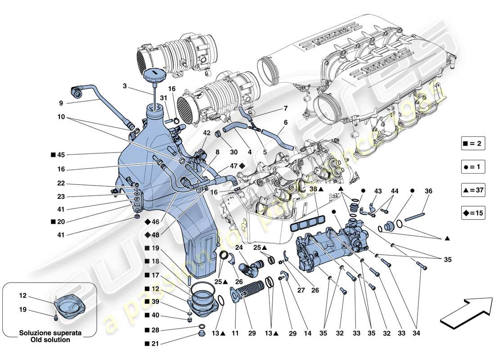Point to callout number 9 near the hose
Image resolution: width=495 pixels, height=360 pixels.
(x=61, y=103)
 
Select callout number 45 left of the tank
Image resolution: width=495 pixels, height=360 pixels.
(x=61, y=155)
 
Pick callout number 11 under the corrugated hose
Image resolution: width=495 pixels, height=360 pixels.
(x=234, y=334)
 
